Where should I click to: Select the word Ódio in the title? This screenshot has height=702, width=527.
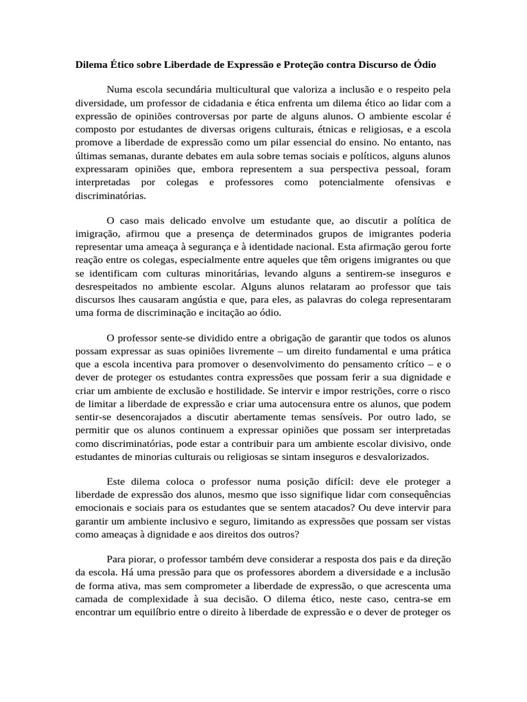[x=423, y=64]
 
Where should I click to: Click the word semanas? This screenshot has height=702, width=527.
[x=122, y=156]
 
